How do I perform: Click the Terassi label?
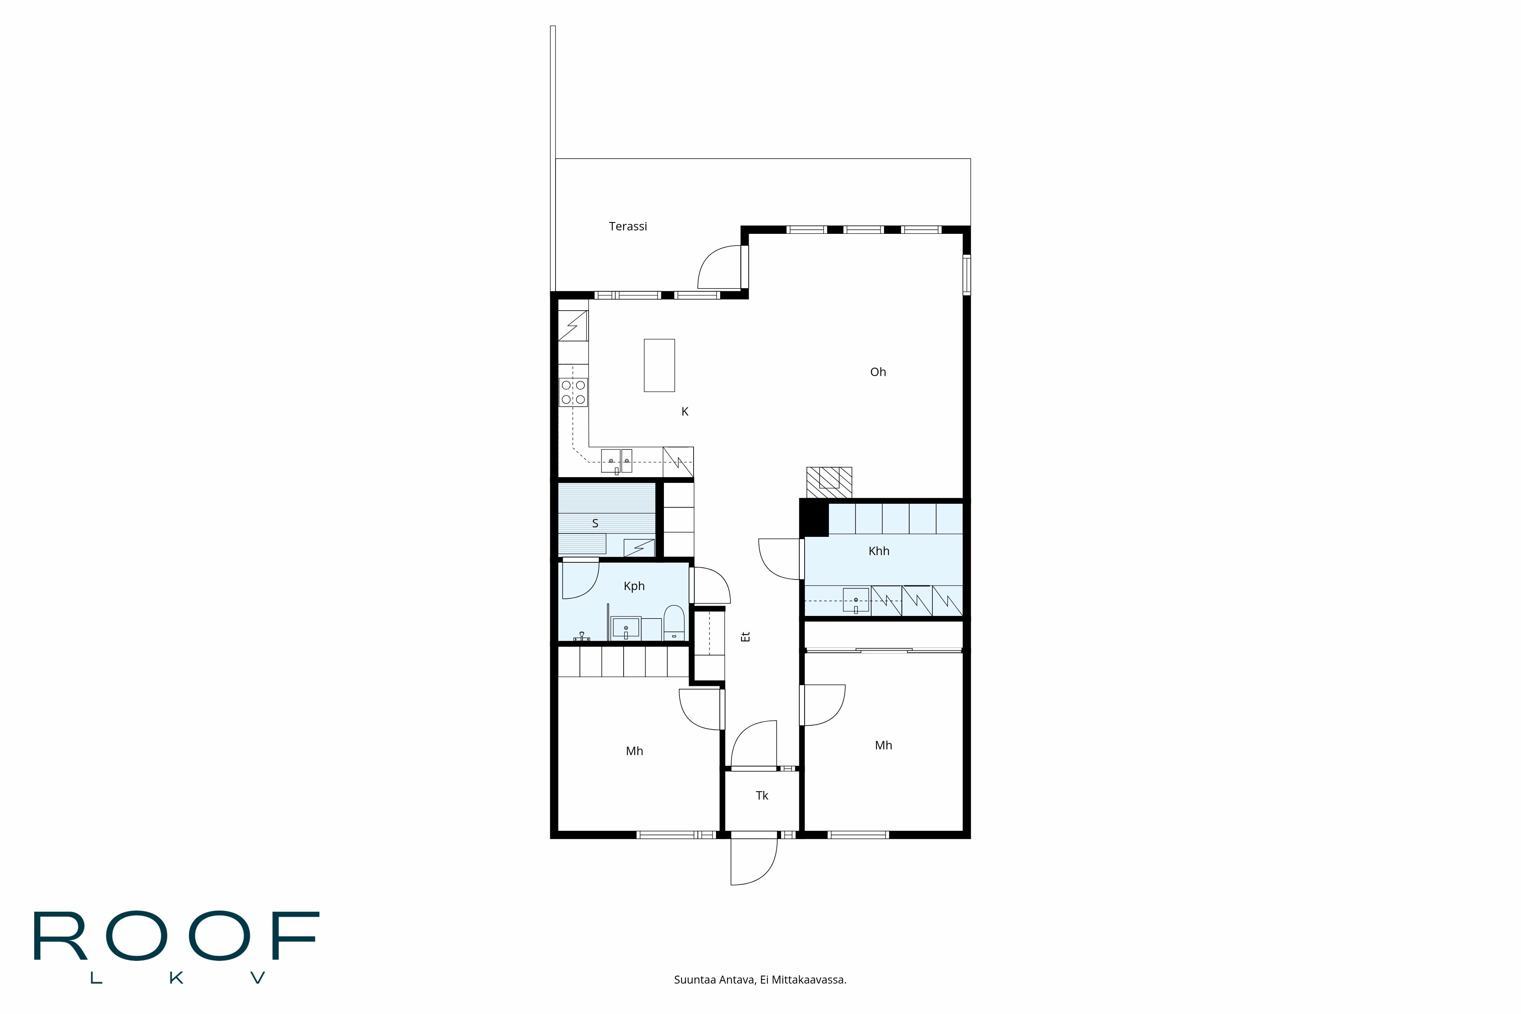[627, 226]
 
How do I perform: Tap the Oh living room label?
[878, 372]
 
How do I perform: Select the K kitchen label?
[685, 412]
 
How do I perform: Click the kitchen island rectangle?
[659, 365]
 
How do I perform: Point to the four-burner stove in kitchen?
[573, 392]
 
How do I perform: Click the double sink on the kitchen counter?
[616, 460]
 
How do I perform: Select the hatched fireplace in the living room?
[829, 482]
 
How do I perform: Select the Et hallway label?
[746, 636]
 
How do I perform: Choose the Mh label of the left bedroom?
[634, 751]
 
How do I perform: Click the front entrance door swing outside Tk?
[753, 863]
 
